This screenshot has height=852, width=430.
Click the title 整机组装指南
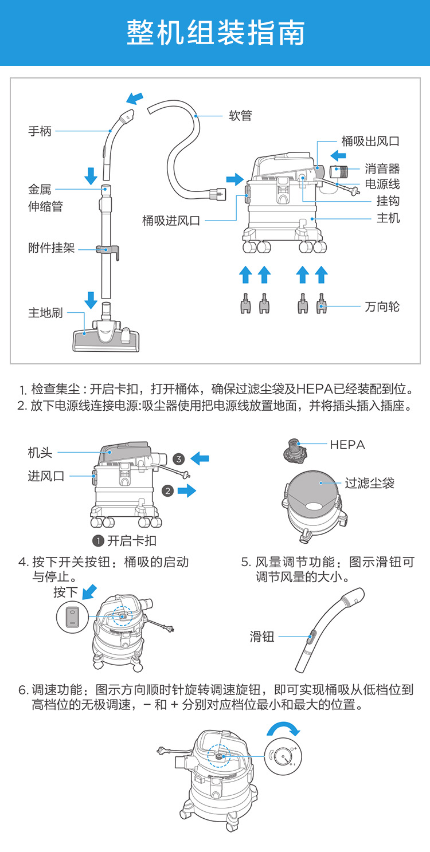215,33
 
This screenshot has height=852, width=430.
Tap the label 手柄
40,131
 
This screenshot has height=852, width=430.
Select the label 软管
240,116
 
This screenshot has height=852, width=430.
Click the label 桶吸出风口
370,141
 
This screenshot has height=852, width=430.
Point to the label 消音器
382,168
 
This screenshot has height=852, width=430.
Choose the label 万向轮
382,307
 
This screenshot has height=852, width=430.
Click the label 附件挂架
52,249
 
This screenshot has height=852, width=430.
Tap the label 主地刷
46,313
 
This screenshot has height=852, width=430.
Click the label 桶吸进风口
171,221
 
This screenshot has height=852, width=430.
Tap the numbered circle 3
179,458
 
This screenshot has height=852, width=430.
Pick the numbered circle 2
167,490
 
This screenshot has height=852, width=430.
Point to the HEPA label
347,445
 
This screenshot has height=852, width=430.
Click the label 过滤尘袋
370,483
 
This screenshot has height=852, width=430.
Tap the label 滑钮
263,636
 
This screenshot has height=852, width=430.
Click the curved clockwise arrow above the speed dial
283,728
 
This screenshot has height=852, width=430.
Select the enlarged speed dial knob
282,756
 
